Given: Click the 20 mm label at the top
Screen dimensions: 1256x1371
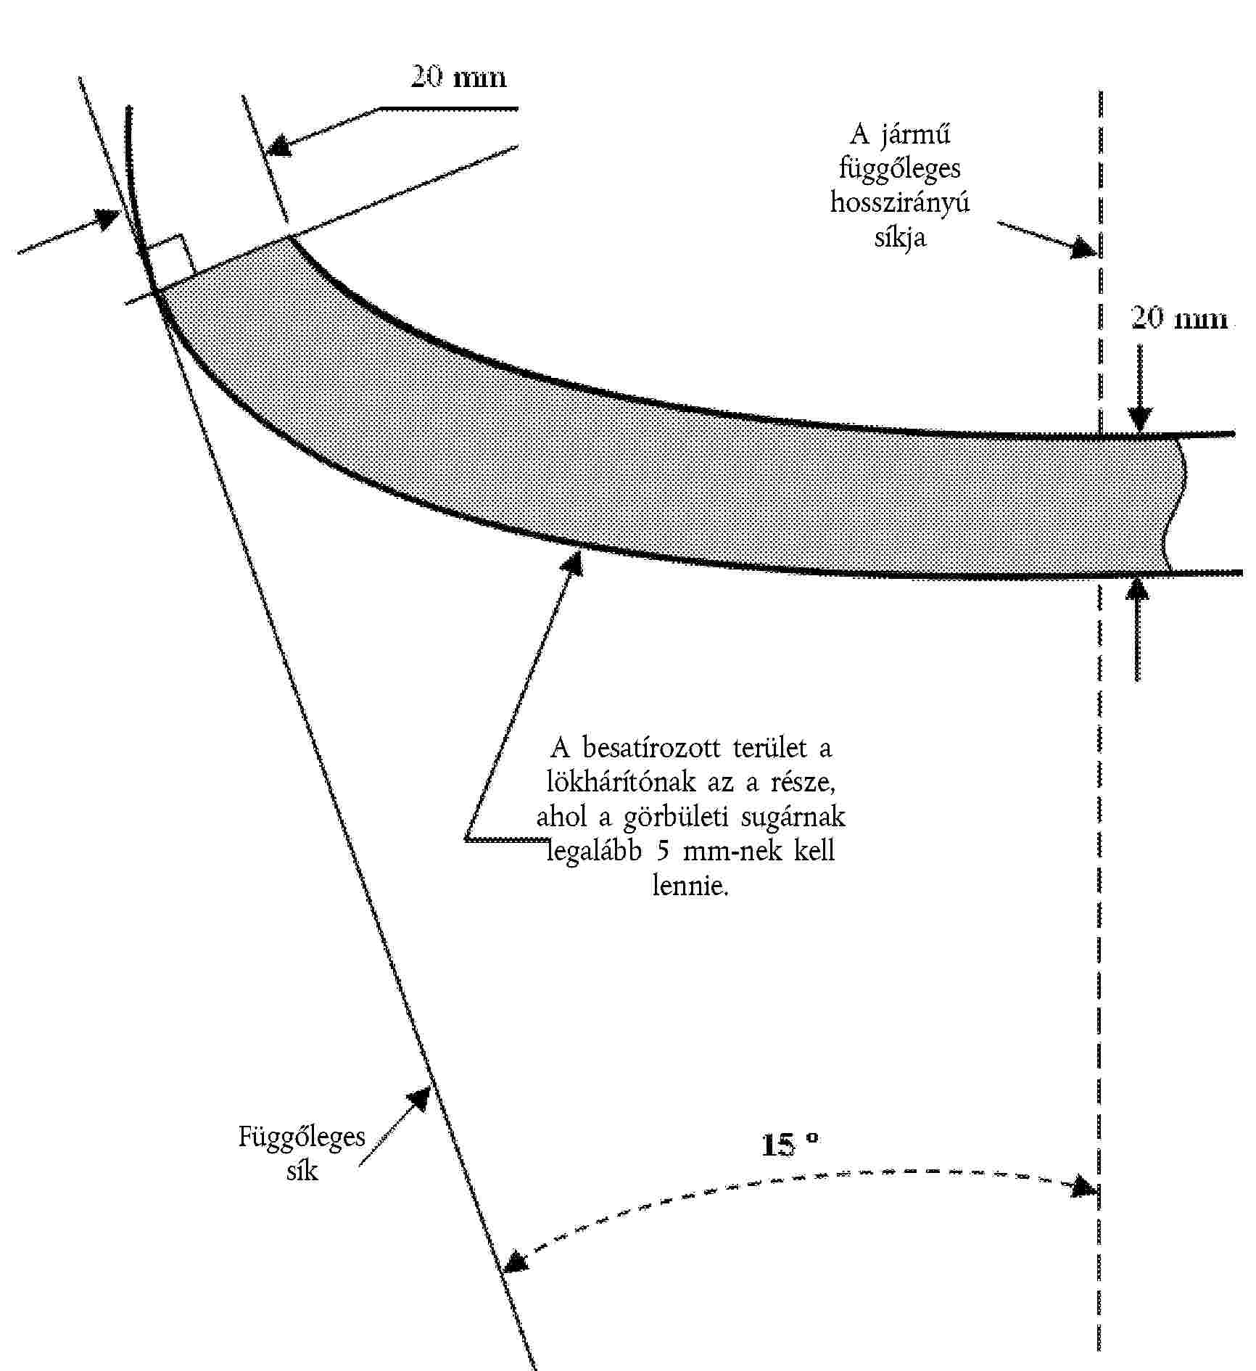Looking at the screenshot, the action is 458,77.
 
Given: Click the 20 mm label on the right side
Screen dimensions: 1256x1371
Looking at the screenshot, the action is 1180,318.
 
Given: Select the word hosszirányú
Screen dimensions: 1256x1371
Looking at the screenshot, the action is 900,202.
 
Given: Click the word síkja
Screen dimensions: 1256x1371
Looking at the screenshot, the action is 900,237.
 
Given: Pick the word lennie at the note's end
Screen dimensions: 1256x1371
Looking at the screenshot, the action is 689,886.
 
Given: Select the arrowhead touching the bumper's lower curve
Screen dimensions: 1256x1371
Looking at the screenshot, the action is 574,564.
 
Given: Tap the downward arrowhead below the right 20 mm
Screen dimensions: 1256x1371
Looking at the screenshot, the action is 1139,420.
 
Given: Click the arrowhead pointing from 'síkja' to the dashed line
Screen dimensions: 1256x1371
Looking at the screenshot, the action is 1085,247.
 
